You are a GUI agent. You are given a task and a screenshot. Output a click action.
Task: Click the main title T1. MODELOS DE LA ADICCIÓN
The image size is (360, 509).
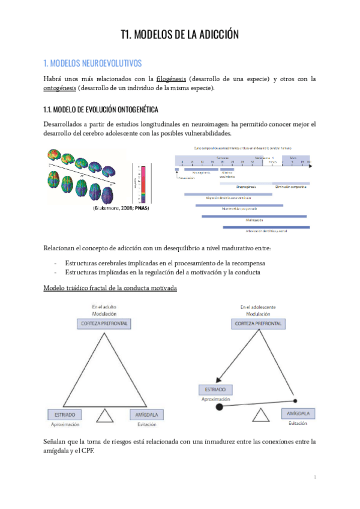(x=179, y=35)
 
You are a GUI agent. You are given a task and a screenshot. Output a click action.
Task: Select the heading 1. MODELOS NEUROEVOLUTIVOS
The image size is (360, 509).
(x=93, y=62)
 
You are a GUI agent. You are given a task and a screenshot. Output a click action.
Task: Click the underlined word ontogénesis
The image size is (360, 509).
(x=59, y=88)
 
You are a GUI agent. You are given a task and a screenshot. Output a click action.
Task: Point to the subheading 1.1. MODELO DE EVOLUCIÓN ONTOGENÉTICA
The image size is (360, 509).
(x=92, y=109)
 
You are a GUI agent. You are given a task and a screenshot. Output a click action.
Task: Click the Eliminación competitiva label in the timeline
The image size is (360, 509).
(x=291, y=187)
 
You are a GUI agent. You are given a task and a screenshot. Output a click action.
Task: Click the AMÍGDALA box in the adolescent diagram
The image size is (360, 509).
(x=298, y=414)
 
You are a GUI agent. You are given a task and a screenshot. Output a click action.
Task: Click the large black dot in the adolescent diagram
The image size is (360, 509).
(x=220, y=407)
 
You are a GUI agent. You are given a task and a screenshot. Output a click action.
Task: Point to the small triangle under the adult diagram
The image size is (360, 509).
(x=105, y=415)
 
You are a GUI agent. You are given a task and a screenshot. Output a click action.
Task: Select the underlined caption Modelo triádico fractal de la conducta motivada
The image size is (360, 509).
(x=110, y=288)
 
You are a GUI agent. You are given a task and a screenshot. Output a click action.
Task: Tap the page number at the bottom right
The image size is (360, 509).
(x=314, y=477)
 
